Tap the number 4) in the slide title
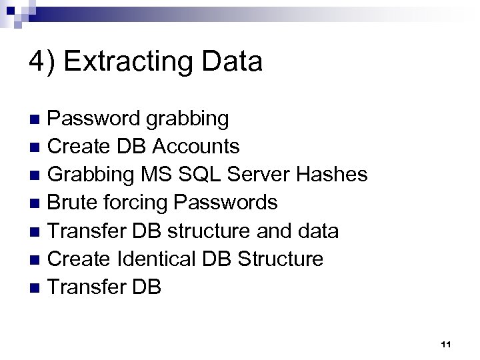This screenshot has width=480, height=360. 43,62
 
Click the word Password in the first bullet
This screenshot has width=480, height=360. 94,119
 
